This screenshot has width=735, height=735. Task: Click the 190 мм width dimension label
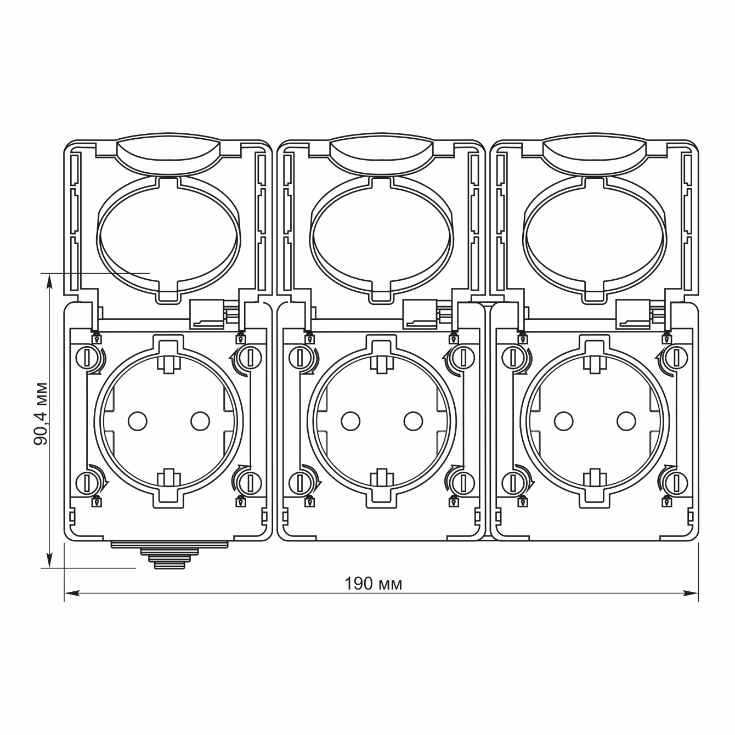[x=373, y=584]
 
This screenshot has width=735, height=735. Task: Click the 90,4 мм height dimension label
[x=41, y=414]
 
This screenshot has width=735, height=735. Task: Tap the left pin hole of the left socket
[x=138, y=421]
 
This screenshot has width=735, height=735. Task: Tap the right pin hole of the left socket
[x=200, y=421]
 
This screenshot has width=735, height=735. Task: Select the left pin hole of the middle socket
[x=350, y=421]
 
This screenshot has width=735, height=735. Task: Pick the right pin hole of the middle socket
[x=413, y=421]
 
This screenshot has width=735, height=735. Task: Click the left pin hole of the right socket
[x=563, y=421]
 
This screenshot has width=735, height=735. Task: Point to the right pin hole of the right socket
[x=626, y=421]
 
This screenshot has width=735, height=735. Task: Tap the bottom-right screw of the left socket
[x=250, y=483]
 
